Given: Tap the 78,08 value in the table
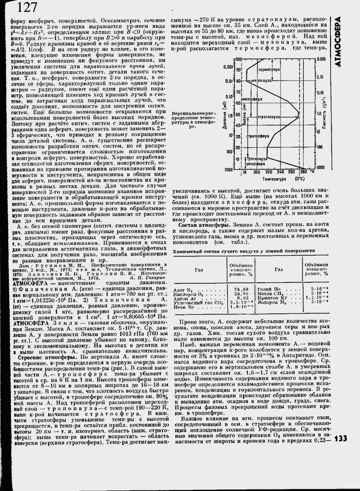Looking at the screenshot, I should click(x=241, y=289).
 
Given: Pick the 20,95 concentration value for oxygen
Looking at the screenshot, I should click(x=241, y=294).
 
